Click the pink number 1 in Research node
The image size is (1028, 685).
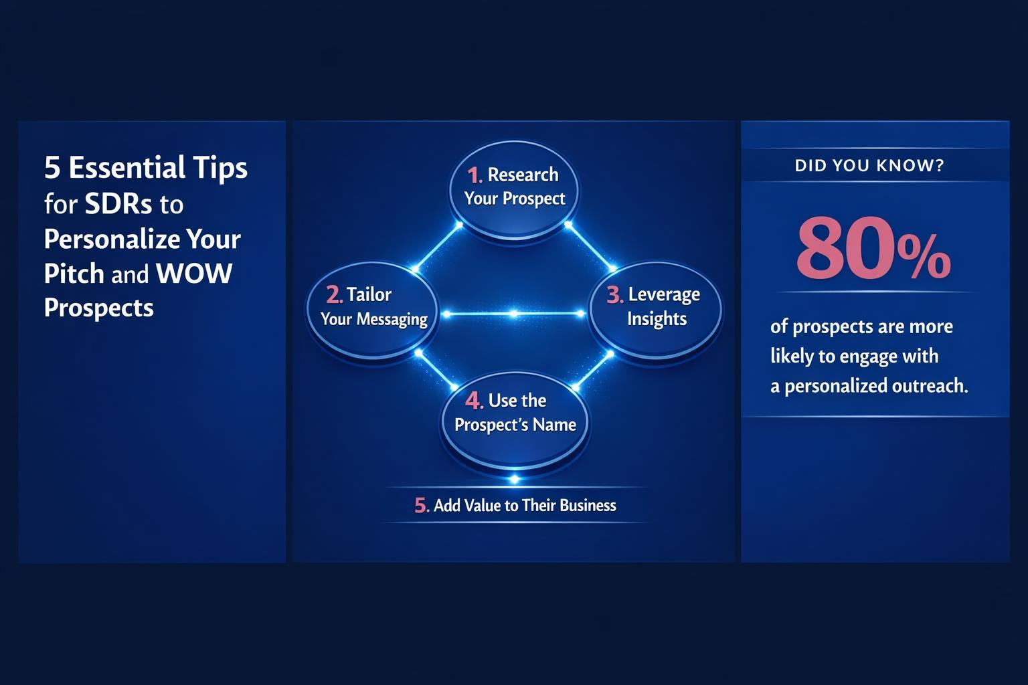[473, 175]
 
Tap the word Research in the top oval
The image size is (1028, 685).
[523, 175]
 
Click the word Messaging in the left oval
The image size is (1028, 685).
[392, 319]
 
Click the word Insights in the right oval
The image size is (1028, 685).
[657, 319]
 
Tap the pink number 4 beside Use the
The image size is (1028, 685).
[473, 401]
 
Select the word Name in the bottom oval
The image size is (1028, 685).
[555, 425]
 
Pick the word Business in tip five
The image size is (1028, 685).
[588, 505]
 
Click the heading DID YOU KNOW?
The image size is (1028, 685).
[869, 165]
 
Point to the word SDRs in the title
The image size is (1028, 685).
[118, 204]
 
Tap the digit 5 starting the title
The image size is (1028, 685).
[52, 168]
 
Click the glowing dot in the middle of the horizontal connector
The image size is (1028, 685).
[513, 314]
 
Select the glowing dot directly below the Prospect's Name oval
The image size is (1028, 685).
[514, 479]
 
